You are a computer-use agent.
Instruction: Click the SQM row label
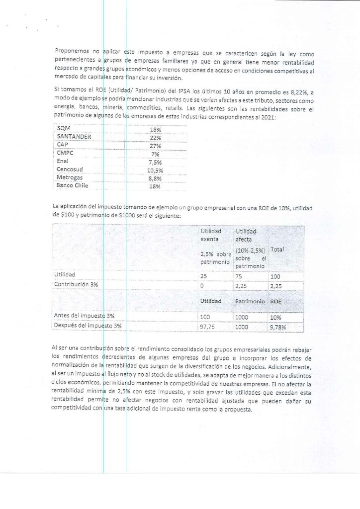64,129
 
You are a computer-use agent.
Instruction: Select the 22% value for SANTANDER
156,137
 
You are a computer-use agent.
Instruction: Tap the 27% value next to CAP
156,145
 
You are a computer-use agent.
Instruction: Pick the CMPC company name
65,153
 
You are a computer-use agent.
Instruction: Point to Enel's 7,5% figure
156,162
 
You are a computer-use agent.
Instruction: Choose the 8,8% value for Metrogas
156,177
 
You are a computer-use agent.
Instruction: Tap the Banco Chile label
73,186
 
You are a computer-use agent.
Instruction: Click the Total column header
277,249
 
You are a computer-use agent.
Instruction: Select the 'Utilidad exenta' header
211,235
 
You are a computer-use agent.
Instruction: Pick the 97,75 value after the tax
207,327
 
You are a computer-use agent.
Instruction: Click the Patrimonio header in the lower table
250,301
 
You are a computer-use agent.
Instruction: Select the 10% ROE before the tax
275,317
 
